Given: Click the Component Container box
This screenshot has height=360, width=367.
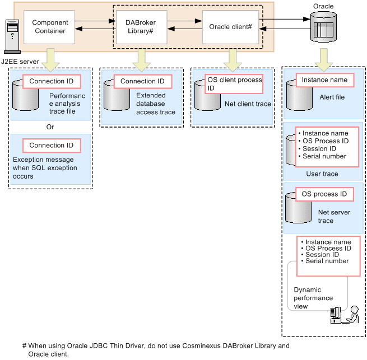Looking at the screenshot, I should pyautogui.click(x=49, y=27).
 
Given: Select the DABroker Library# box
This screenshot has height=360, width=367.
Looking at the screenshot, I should pyautogui.click(x=140, y=27).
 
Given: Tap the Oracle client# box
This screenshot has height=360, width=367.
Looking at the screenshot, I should pyautogui.click(x=230, y=27).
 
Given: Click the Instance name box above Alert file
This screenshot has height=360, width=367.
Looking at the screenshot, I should pyautogui.click(x=324, y=80).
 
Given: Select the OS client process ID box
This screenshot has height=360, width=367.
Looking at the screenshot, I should pyautogui.click(x=234, y=84).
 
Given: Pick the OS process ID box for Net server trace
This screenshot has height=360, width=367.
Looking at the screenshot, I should pyautogui.click(x=324, y=194).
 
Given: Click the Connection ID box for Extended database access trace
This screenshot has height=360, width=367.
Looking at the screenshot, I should pyautogui.click(x=142, y=82).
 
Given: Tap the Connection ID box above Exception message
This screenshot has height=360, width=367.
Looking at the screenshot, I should pyautogui.click(x=51, y=146).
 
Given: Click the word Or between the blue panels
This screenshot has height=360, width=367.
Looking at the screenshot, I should pyautogui.click(x=50, y=127).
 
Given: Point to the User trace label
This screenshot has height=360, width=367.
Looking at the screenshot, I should pyautogui.click(x=322, y=174).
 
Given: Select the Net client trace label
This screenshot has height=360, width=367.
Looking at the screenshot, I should pyautogui.click(x=248, y=104).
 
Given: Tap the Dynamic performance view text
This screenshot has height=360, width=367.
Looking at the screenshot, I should pyautogui.click(x=313, y=298).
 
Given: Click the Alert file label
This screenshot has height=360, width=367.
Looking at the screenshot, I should pyautogui.click(x=332, y=97).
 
